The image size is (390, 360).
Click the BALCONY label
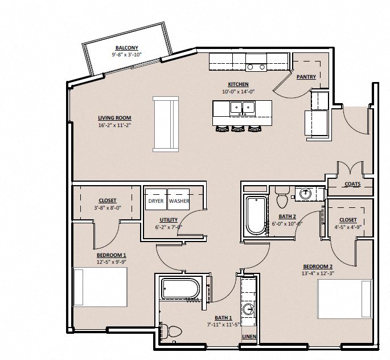(x=126, y=48)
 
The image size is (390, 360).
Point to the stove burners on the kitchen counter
(x=256, y=67)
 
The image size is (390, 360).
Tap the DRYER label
(x=155, y=201)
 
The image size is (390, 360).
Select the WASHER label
(x=179, y=201)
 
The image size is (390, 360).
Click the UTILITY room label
(x=169, y=220)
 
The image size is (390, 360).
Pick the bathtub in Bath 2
(x=256, y=215)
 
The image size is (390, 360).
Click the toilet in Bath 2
(x=282, y=200)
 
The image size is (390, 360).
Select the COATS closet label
(x=352, y=184)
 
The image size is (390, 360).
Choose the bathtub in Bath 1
(x=180, y=289)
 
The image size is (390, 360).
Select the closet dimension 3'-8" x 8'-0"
(x=107, y=208)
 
